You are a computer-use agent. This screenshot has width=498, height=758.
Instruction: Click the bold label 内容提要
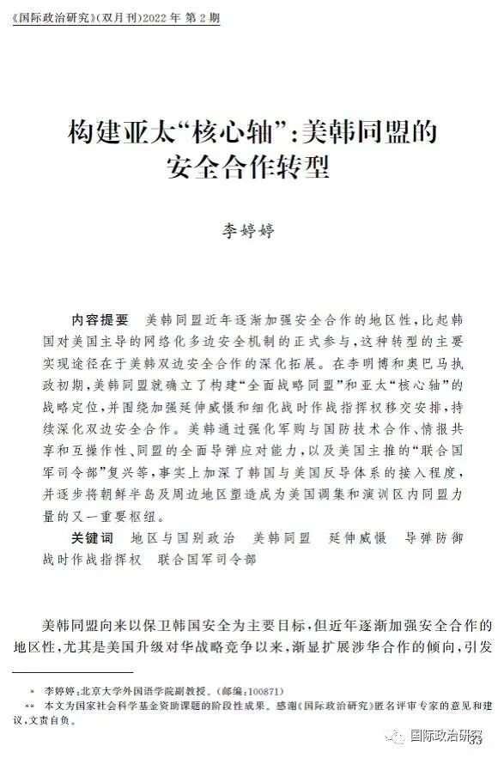pyautogui.click(x=99, y=319)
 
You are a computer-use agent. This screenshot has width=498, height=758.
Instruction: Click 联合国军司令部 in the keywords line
pyautogui.click(x=205, y=559)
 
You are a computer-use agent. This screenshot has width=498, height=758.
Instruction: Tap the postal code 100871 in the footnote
pyautogui.click(x=261, y=690)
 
